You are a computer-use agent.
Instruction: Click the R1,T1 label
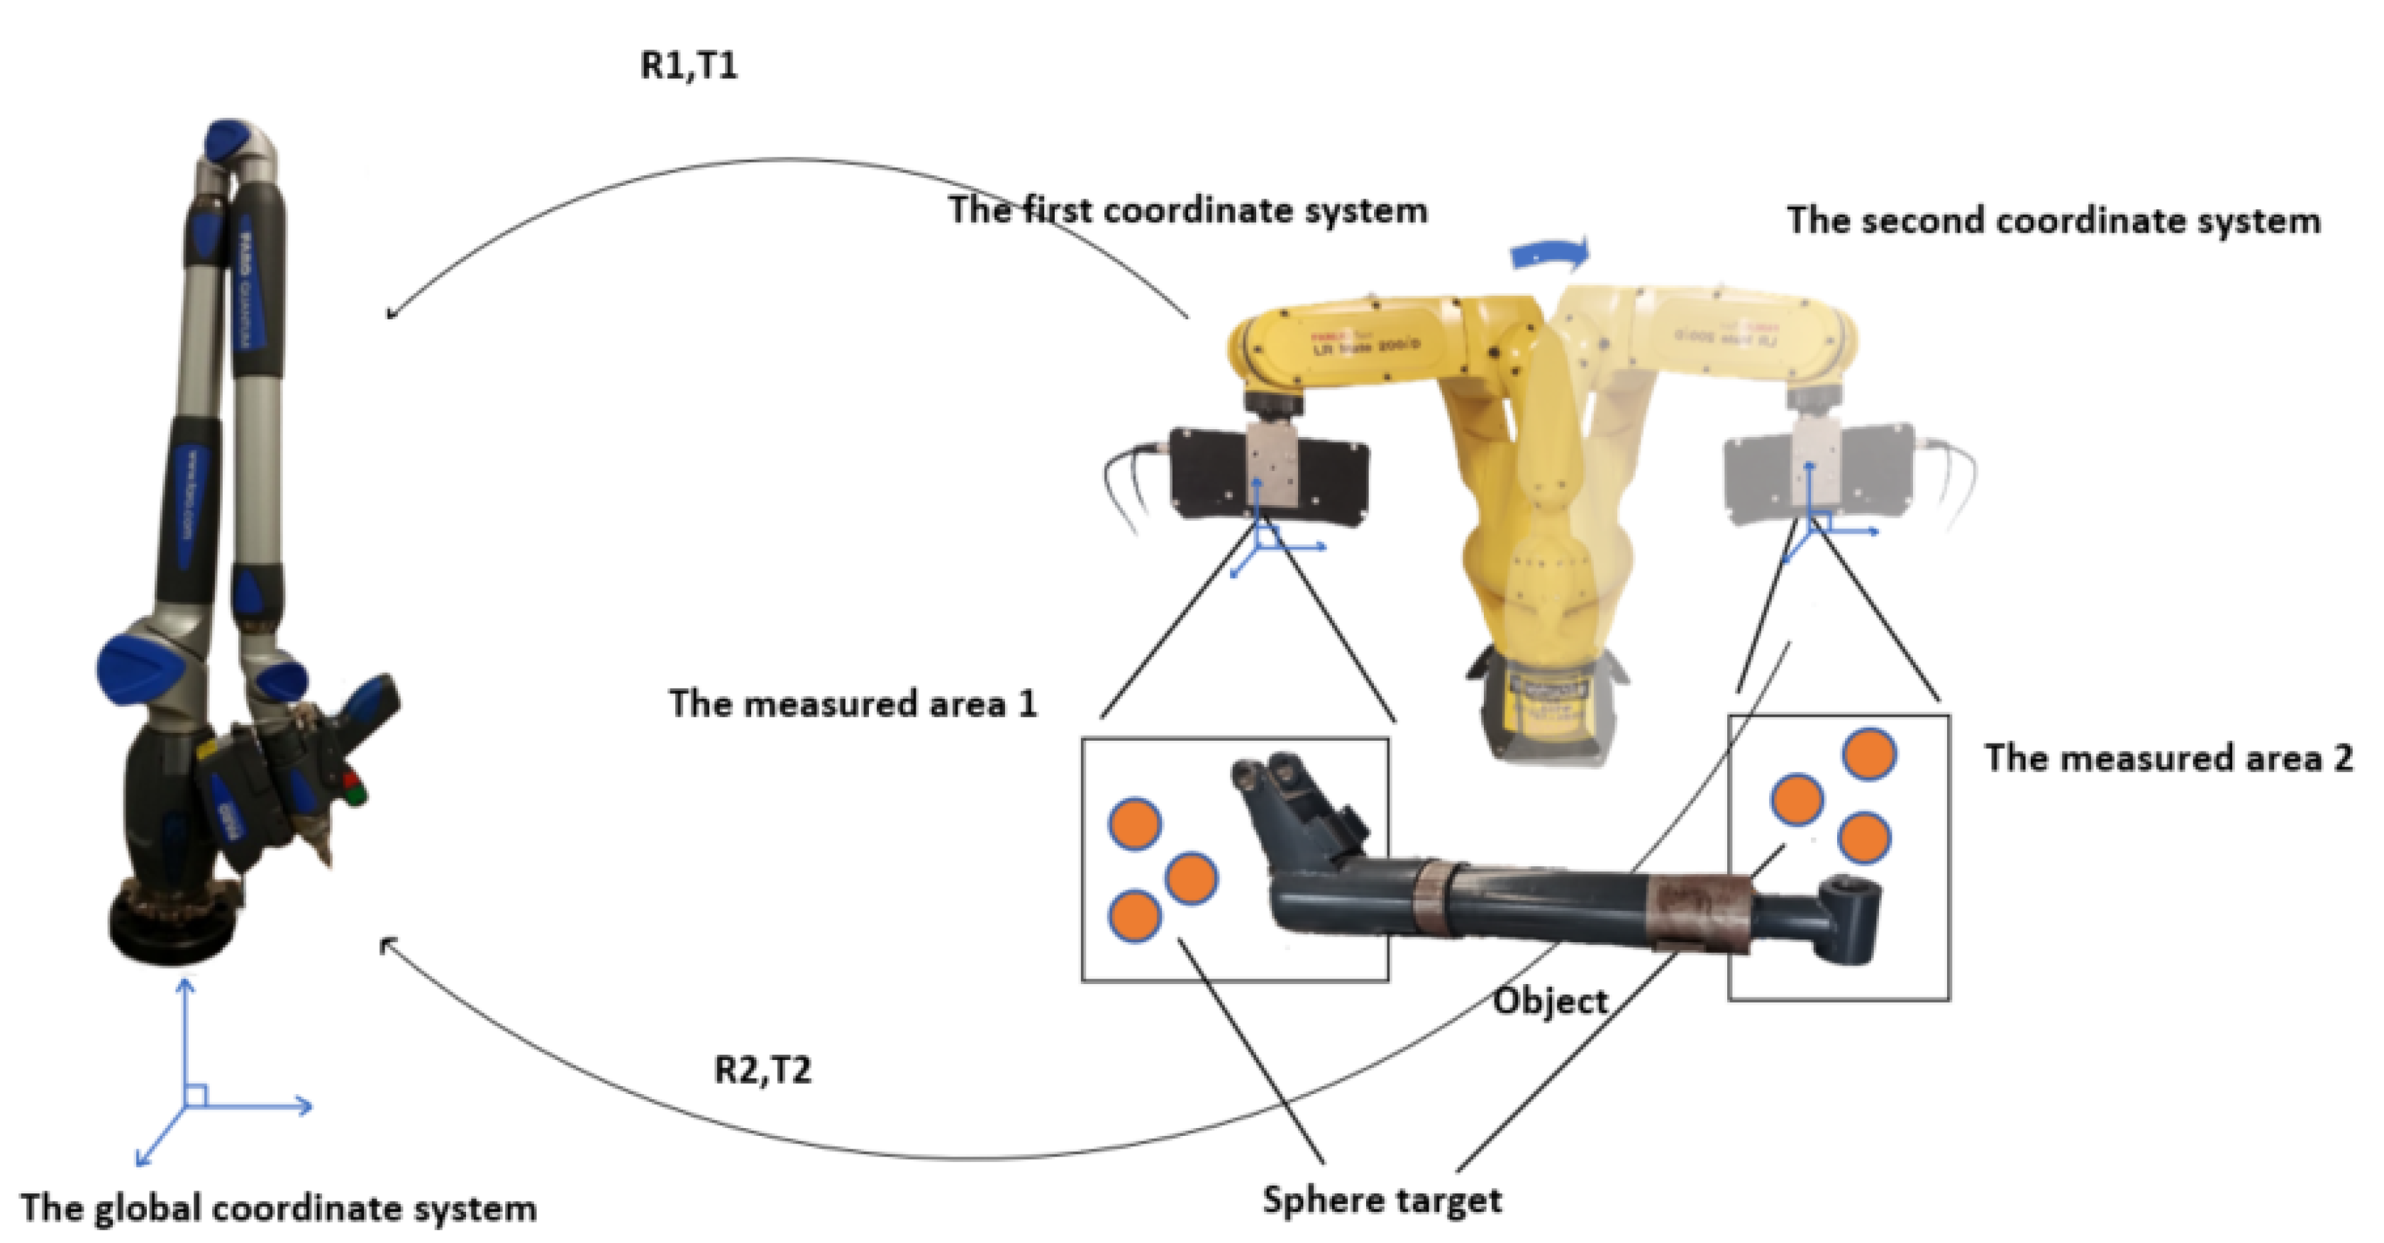689,67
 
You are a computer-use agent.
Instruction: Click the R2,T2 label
763,1070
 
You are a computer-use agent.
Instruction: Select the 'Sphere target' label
1382,1200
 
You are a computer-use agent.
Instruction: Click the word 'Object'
1551,1002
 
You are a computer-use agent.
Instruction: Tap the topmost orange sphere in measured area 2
1870,753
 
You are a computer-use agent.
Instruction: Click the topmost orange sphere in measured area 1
1135,823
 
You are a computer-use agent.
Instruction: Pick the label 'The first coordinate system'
1187,211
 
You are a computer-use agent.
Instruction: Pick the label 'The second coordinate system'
2053,221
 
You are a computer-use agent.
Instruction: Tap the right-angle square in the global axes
195,1096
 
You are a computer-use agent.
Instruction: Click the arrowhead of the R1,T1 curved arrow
392,314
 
